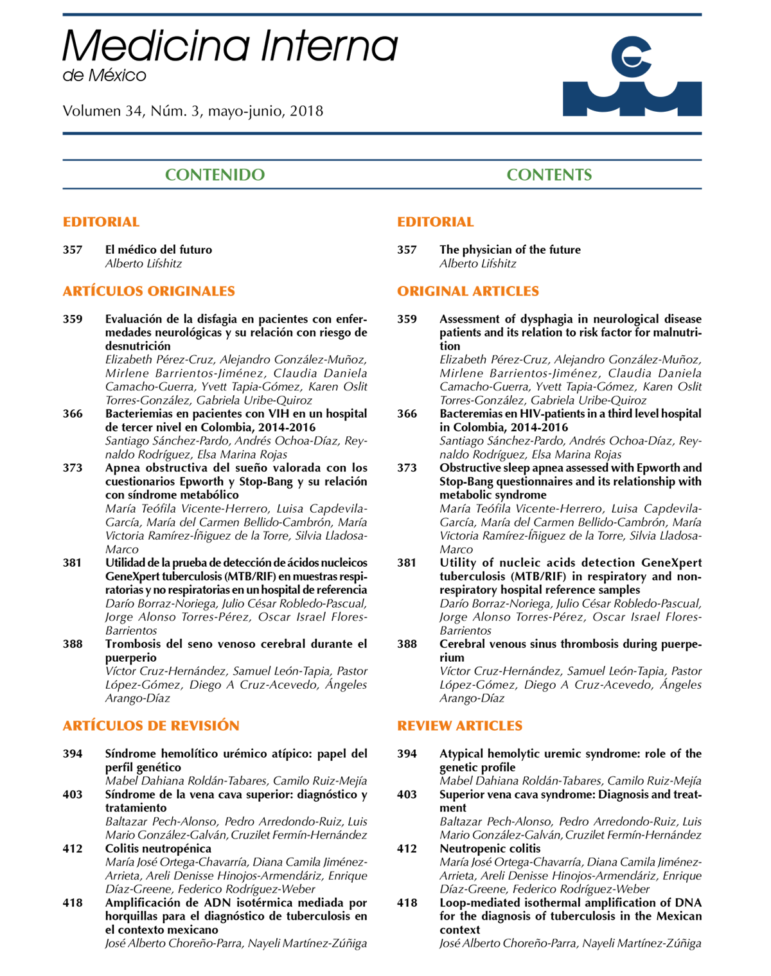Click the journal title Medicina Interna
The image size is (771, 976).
tap(230, 46)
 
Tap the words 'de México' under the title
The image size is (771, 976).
tap(104, 76)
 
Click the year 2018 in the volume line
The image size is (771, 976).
tap(306, 111)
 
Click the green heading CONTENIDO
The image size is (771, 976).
tap(215, 175)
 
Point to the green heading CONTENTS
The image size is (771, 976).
tap(549, 175)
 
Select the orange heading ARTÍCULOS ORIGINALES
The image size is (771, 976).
tap(148, 291)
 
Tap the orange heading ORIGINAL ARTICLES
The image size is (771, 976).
tap(468, 291)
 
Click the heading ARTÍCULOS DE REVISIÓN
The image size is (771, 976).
tap(151, 725)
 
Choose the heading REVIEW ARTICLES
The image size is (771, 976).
tap(459, 725)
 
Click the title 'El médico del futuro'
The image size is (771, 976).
tap(159, 249)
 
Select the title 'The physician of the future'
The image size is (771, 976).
tap(510, 249)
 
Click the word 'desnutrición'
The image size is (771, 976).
tap(137, 346)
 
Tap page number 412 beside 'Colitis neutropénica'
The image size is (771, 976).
tap(73, 848)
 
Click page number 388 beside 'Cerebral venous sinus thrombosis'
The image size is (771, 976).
tap(407, 644)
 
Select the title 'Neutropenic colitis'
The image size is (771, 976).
tap(490, 848)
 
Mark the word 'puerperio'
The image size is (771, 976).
tap(131, 657)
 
